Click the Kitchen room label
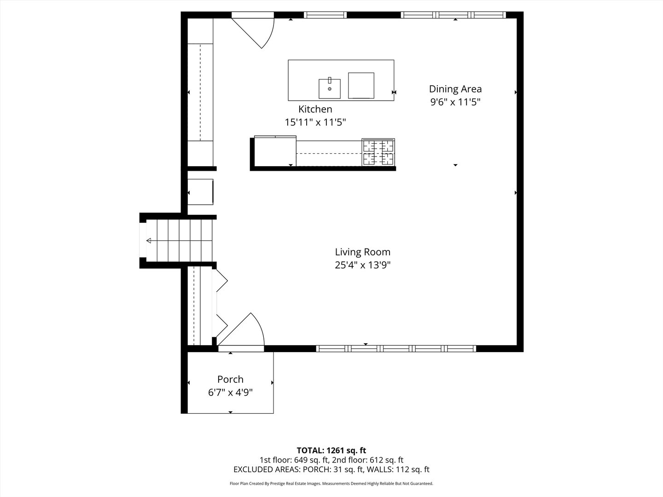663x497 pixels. click(x=315, y=109)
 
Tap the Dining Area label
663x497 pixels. click(x=455, y=89)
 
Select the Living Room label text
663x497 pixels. click(x=362, y=252)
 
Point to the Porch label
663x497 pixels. click(x=230, y=379)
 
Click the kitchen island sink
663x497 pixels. click(x=330, y=88)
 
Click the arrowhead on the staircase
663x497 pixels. click(x=149, y=241)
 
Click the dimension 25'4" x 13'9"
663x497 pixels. click(x=362, y=265)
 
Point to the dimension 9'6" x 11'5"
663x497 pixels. click(x=455, y=102)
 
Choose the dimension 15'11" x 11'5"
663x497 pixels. click(x=315, y=122)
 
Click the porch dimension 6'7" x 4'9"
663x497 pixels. click(x=230, y=393)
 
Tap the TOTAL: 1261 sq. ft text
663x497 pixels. click(x=331, y=450)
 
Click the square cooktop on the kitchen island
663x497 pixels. click(x=361, y=86)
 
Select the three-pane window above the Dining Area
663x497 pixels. click(x=454, y=15)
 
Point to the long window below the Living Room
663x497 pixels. click(x=396, y=348)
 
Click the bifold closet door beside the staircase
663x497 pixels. click(x=220, y=303)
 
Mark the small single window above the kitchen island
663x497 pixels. click(x=325, y=15)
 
